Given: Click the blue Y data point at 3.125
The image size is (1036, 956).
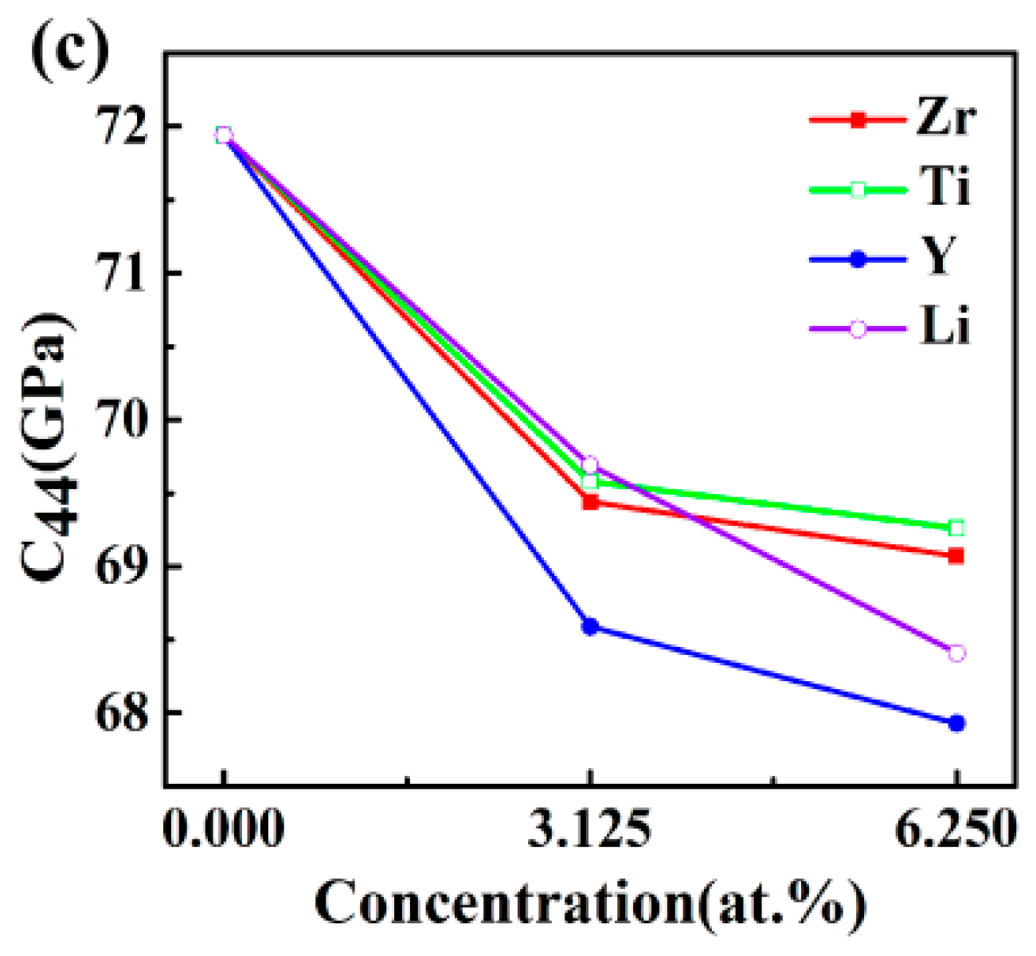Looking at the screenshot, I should coord(590,626).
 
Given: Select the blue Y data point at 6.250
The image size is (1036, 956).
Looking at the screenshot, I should coord(956,723).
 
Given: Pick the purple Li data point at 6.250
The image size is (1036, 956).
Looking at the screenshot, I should coord(956,653).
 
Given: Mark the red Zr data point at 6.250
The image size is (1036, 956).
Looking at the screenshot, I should coord(956,555).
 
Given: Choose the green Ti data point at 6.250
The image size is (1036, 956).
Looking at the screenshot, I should coord(956,527).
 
